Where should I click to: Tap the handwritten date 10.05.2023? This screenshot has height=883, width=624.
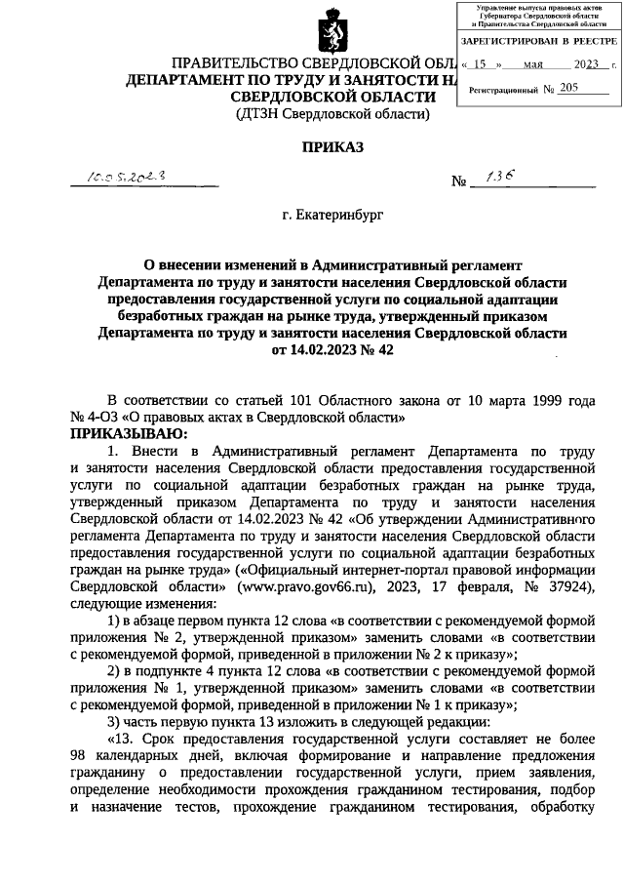pyautogui.click(x=127, y=179)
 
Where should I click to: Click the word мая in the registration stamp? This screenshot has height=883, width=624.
pyautogui.click(x=533, y=64)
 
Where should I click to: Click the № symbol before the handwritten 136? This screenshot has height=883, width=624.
pyautogui.click(x=459, y=182)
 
